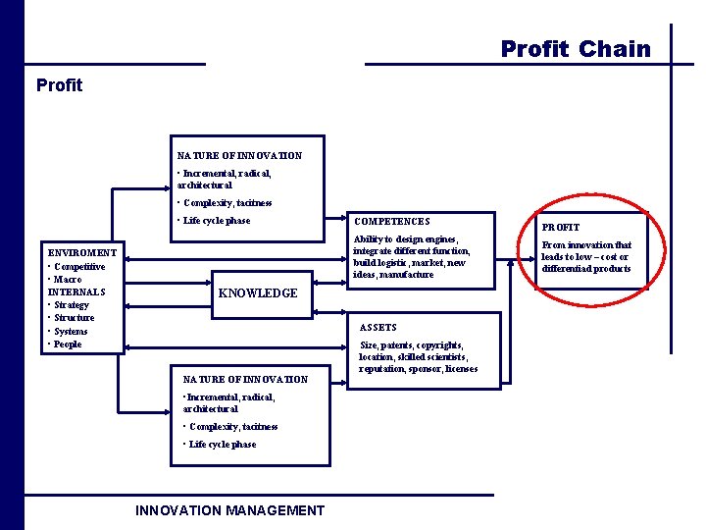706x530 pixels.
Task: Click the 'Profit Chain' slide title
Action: pyautogui.click(x=576, y=49)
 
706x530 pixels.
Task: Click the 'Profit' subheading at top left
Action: pyautogui.click(x=59, y=85)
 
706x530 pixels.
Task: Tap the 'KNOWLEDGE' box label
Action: pyautogui.click(x=257, y=293)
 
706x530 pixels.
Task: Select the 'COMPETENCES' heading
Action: pyautogui.click(x=392, y=222)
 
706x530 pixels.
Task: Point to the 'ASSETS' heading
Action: pyautogui.click(x=378, y=327)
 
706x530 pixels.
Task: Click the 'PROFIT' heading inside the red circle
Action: pyautogui.click(x=561, y=228)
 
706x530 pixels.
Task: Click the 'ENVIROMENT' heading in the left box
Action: pyautogui.click(x=82, y=253)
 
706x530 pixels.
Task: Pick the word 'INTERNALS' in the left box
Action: pyautogui.click(x=76, y=291)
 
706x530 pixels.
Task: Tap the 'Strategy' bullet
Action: pyautogui.click(x=72, y=305)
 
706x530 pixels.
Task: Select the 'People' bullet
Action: pyautogui.click(x=68, y=344)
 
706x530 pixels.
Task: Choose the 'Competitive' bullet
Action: pyautogui.click(x=79, y=267)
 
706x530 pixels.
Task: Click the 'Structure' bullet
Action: pyautogui.click(x=75, y=318)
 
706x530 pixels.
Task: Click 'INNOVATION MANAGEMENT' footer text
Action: pyautogui.click(x=229, y=510)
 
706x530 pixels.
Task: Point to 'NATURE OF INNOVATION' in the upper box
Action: pyautogui.click(x=239, y=156)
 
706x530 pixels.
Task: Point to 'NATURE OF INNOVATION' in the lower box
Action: pyautogui.click(x=245, y=380)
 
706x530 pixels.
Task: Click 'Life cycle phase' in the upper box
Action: pyautogui.click(x=217, y=221)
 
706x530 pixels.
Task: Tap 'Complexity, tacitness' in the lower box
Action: pyautogui.click(x=233, y=427)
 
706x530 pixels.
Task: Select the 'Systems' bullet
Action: pyautogui.click(x=71, y=332)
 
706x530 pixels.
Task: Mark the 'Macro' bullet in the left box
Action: pyautogui.click(x=69, y=280)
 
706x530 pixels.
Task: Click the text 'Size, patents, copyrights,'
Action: pyautogui.click(x=412, y=345)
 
